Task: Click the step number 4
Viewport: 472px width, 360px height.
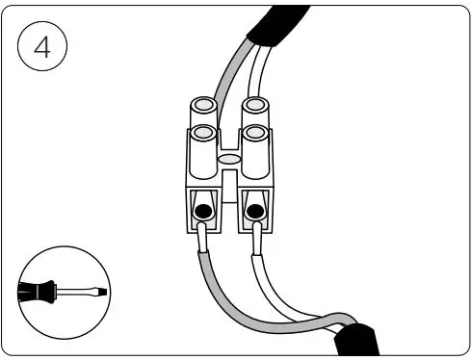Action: pos(42,49)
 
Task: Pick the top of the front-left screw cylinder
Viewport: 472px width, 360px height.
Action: pos(202,132)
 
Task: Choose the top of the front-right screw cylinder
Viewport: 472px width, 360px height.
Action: pos(254,133)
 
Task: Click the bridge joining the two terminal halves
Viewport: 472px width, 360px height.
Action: pos(229,178)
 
